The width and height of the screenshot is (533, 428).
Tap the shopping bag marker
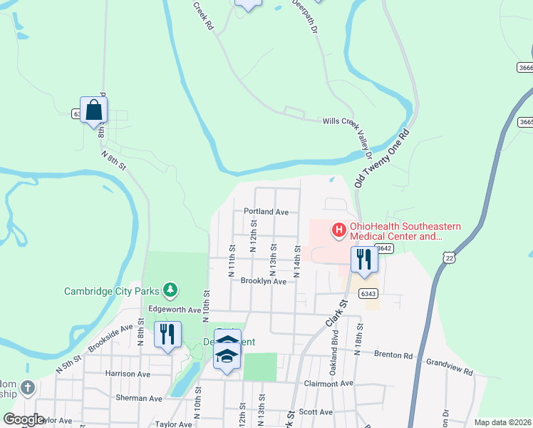coord(93,111)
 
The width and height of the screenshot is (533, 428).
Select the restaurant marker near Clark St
coord(363,260)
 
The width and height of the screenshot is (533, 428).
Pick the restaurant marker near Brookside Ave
coord(167,335)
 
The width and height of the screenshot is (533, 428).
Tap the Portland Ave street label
coord(266,212)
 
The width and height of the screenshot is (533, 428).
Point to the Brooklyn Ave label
coord(263,282)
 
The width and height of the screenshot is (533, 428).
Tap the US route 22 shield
coord(447,257)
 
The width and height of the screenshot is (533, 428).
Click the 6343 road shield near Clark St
coord(368,293)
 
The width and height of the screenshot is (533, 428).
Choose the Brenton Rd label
coord(393,355)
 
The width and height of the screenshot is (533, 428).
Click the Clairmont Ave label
coord(326,383)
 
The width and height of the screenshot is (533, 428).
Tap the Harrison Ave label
coord(128,374)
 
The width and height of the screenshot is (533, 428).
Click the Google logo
coord(24,420)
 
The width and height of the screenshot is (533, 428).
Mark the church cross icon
coord(27,388)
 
